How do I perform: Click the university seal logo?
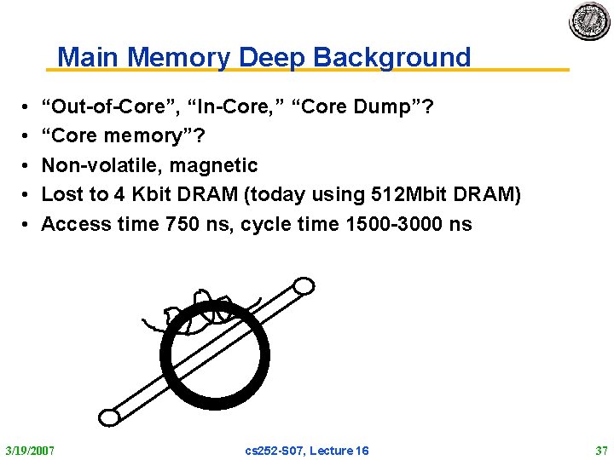(590, 20)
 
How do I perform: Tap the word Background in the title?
(392, 57)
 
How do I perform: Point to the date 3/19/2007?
(30, 450)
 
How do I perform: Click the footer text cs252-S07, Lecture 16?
(307, 450)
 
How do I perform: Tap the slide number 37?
(600, 450)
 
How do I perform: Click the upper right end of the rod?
(302, 287)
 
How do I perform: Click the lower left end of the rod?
(109, 417)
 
